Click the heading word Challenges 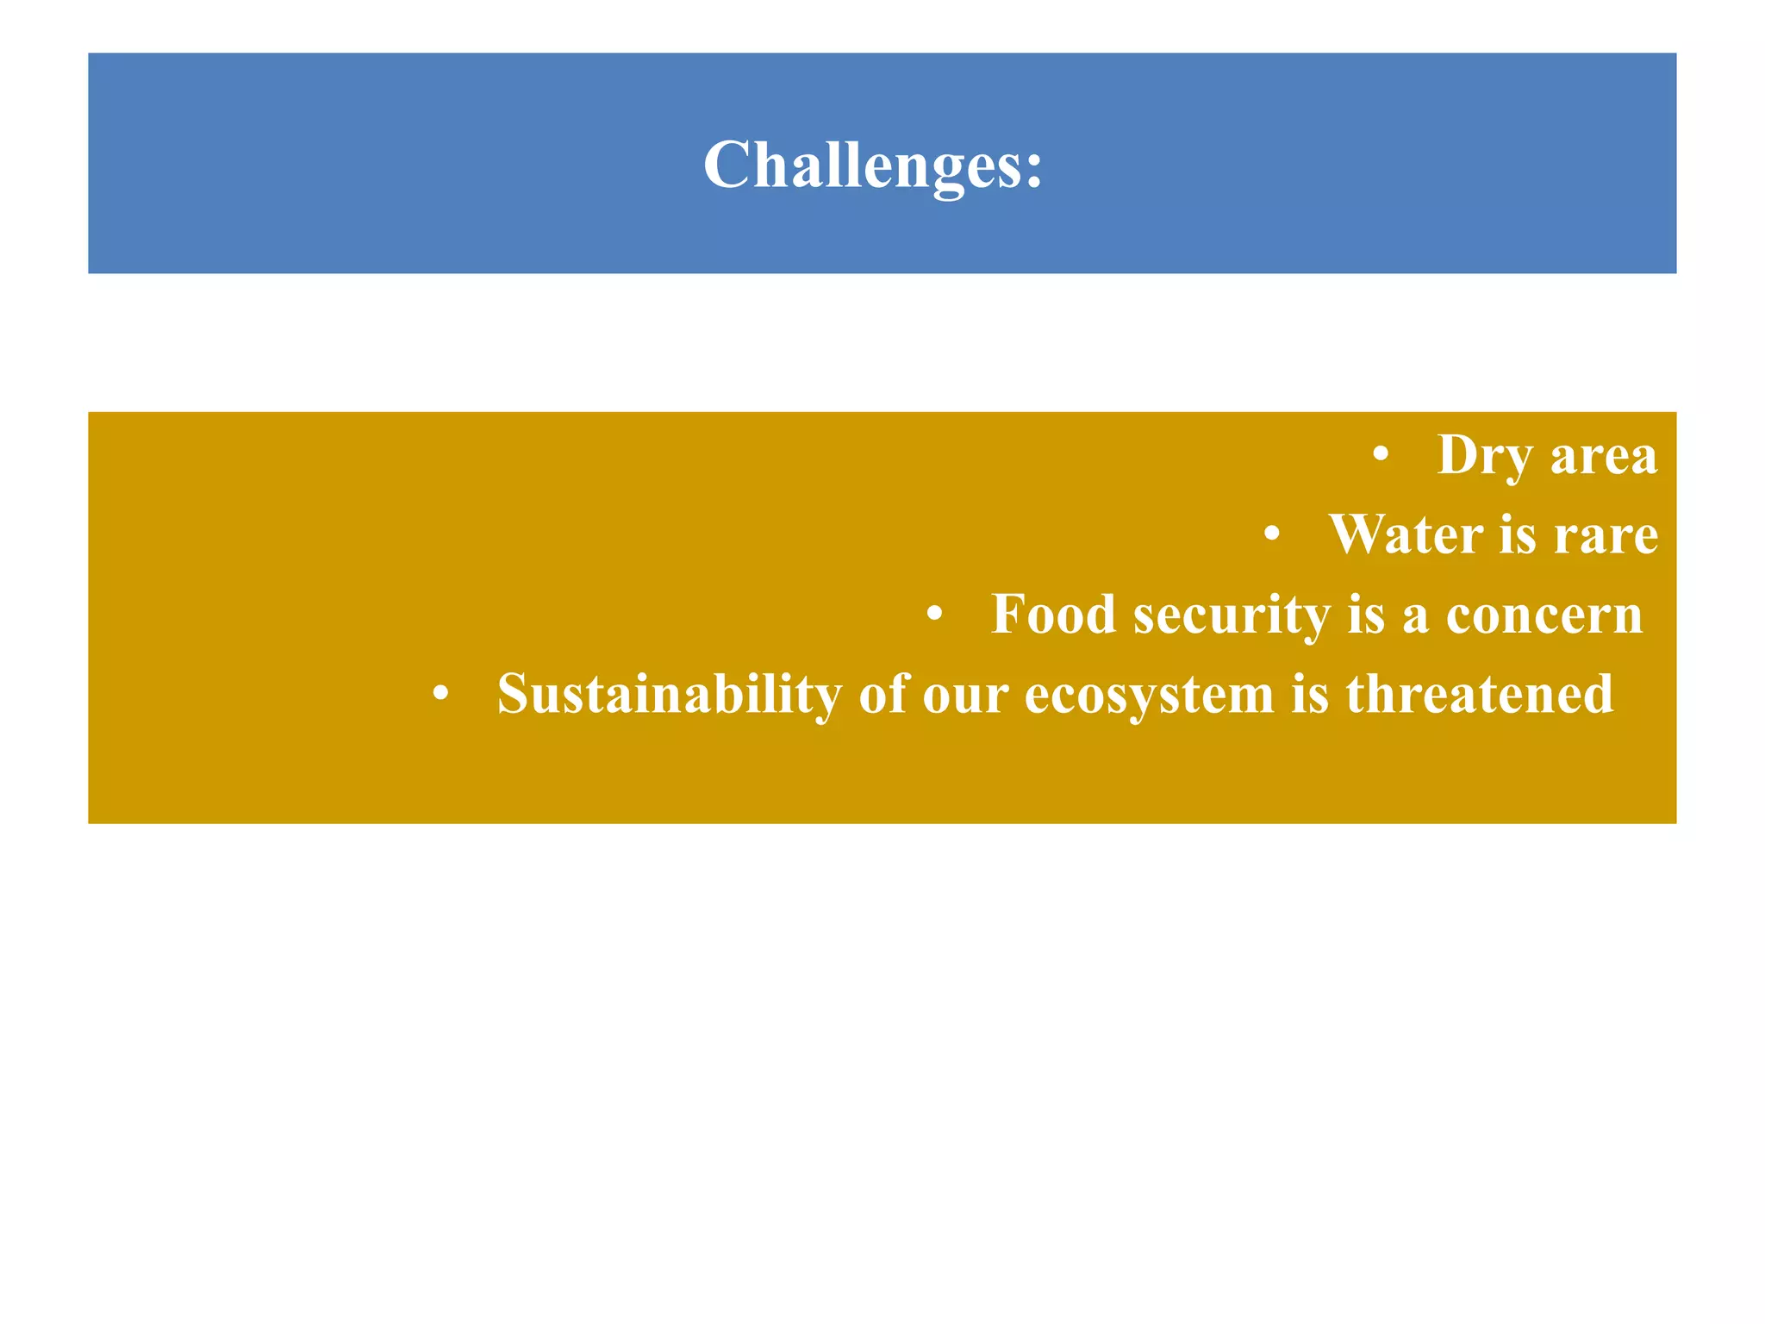point(862,165)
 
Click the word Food point(1053,615)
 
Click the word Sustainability point(669,695)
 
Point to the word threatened point(1479,695)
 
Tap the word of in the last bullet point(882,695)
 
